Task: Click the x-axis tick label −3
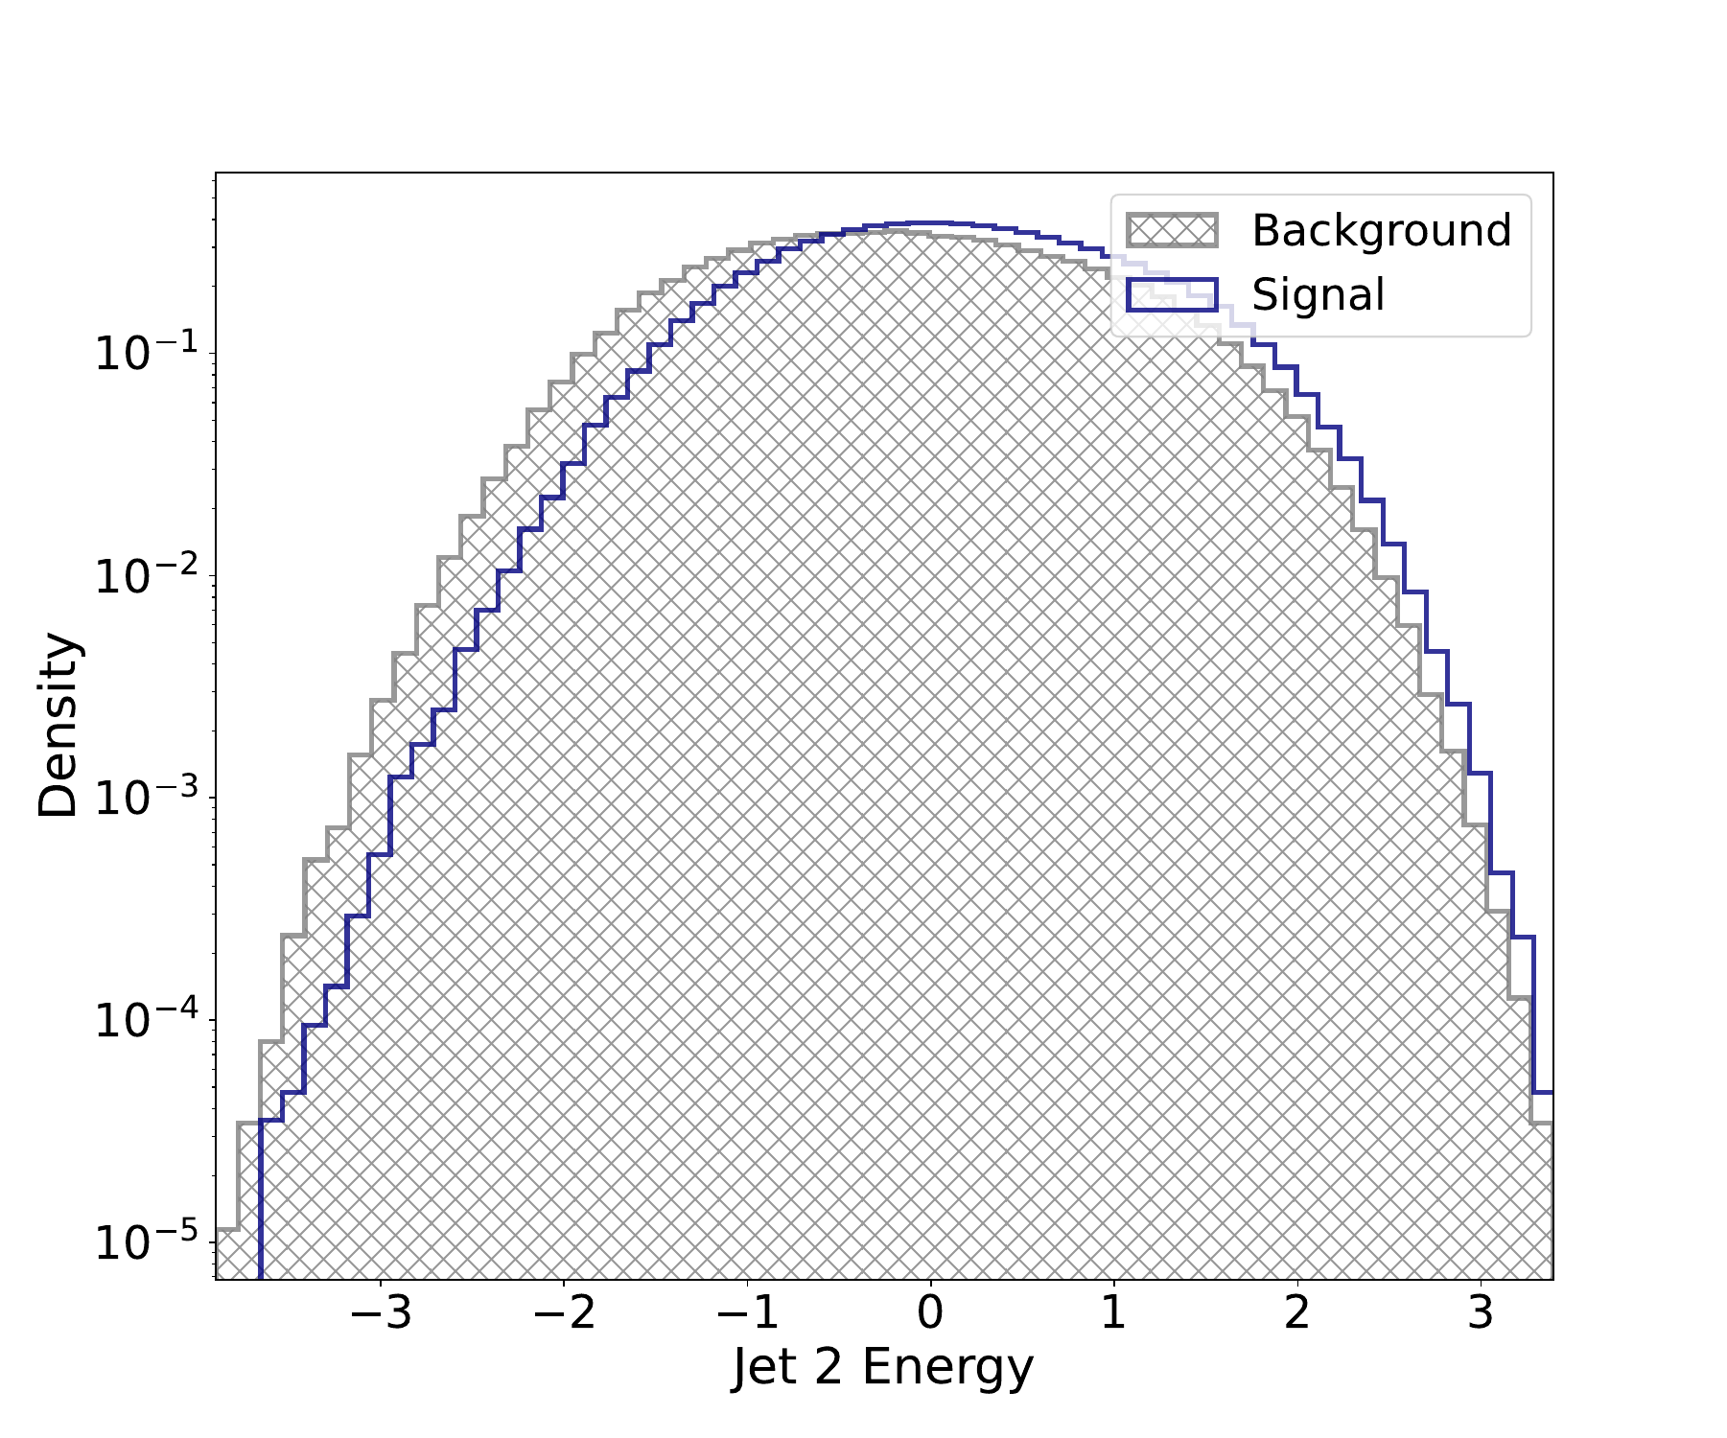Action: click(x=381, y=1312)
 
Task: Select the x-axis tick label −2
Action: click(x=564, y=1312)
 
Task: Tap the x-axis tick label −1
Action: click(x=748, y=1312)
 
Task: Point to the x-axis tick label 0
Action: click(x=930, y=1312)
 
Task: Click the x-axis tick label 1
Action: click(x=1113, y=1312)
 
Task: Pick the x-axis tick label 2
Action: click(x=1297, y=1312)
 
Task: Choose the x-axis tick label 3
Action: click(x=1481, y=1312)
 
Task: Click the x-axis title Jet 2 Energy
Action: click(x=883, y=1368)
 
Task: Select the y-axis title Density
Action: click(x=58, y=725)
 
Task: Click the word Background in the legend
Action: click(x=1381, y=231)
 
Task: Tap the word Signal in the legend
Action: click(x=1319, y=294)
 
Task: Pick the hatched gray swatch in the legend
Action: click(x=1172, y=231)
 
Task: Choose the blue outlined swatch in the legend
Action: click(x=1172, y=294)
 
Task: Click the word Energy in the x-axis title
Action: click(x=947, y=1368)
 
